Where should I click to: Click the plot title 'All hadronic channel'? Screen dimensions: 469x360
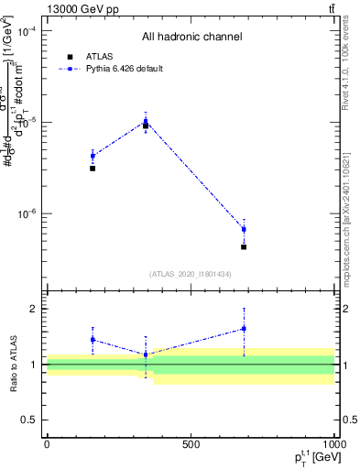tap(191, 38)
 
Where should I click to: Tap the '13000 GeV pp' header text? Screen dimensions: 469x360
tap(83, 9)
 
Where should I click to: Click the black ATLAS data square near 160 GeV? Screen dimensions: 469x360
tap(93, 169)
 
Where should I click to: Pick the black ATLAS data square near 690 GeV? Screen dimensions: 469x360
tap(244, 247)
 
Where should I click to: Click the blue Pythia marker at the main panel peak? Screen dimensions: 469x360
tap(146, 121)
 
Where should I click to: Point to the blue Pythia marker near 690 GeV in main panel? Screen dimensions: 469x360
tap(244, 229)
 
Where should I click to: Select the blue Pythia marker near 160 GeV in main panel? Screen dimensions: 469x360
tap(93, 156)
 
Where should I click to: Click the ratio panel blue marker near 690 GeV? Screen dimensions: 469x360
tap(244, 329)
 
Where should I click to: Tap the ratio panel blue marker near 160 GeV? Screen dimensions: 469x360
tap(93, 340)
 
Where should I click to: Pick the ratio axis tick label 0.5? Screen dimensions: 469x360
tap(28, 420)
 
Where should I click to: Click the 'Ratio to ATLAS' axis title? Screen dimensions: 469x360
tap(14, 365)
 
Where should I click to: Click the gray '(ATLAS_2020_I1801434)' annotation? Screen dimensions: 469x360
tap(191, 274)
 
